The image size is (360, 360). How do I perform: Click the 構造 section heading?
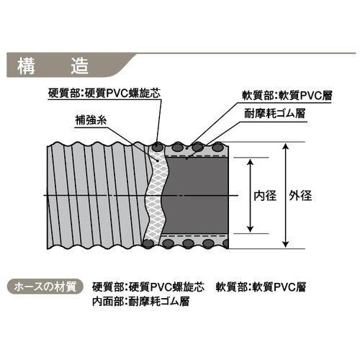[53, 66]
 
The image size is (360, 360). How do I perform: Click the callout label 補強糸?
[91, 120]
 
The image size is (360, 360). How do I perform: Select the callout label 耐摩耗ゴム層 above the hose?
[274, 113]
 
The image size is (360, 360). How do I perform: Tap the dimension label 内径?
[265, 196]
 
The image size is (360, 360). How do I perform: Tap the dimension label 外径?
[300, 196]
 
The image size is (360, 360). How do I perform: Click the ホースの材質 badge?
[45, 287]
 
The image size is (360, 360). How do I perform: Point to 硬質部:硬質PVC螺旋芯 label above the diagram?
[104, 93]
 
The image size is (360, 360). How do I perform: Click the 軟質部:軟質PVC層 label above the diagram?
[287, 96]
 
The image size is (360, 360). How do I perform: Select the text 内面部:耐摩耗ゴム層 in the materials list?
[141, 302]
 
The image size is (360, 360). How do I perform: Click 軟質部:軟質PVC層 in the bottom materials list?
[261, 287]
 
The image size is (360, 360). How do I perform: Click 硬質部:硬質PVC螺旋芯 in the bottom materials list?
[148, 287]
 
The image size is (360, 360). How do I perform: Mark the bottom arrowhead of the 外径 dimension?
[285, 244]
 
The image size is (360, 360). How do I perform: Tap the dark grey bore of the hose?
[196, 196]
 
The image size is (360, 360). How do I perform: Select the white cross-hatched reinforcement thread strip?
[156, 196]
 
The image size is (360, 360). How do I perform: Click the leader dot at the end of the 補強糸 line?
[158, 161]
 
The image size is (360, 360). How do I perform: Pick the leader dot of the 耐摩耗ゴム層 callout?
[186, 158]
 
